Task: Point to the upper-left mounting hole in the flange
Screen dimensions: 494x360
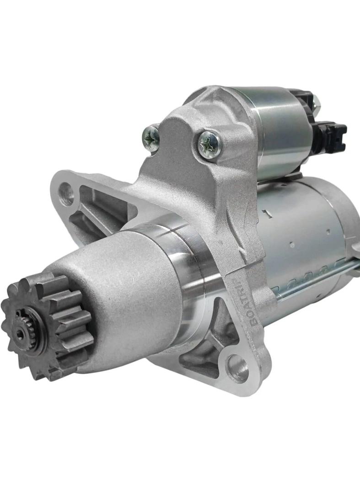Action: [x=67, y=193]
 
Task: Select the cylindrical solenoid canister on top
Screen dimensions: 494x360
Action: [x=279, y=128]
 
